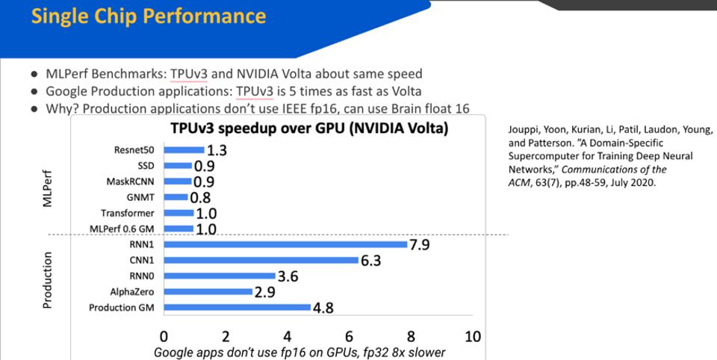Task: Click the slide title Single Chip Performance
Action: pyautogui.click(x=149, y=16)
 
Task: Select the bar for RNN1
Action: pyautogui.click(x=285, y=244)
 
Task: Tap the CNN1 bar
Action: pyautogui.click(x=261, y=260)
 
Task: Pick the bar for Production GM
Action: pyautogui.click(x=237, y=307)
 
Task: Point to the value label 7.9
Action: pyautogui.click(x=420, y=244)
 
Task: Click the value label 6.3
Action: pyautogui.click(x=371, y=261)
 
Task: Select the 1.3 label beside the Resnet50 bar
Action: pyautogui.click(x=217, y=150)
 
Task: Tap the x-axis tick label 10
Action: pyautogui.click(x=472, y=336)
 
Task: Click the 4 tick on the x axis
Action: pyautogui.click(x=288, y=336)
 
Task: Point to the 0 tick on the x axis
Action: pyautogui.click(x=164, y=336)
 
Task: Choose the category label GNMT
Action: pyautogui.click(x=140, y=197)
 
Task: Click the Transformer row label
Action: pyautogui.click(x=128, y=213)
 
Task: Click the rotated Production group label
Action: pyautogui.click(x=48, y=280)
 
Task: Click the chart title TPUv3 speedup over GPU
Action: pyautogui.click(x=309, y=128)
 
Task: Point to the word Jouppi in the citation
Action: pyautogui.click(x=524, y=128)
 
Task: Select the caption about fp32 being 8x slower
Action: pyautogui.click(x=299, y=352)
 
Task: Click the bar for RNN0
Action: pyautogui.click(x=219, y=276)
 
